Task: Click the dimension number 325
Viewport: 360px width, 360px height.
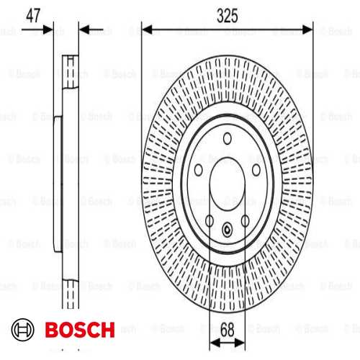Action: click(227, 16)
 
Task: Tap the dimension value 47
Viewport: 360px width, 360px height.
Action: click(33, 16)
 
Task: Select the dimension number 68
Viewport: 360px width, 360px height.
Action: click(227, 330)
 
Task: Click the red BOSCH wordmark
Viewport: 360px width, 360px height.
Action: click(80, 330)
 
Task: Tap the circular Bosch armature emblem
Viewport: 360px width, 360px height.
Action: click(23, 330)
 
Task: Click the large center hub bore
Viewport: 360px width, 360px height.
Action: click(228, 184)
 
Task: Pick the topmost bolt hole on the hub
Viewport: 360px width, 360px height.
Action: click(228, 138)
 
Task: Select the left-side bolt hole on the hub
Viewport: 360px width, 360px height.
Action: click(199, 170)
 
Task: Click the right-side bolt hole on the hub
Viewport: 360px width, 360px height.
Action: click(256, 170)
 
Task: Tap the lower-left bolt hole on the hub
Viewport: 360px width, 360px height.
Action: click(210, 221)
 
